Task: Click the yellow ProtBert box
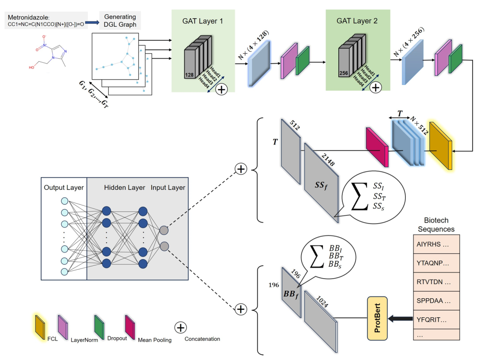point(377,319)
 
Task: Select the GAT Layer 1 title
point(203,20)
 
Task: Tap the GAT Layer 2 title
point(357,20)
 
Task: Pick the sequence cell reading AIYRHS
point(433,244)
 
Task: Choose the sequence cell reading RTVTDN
point(433,282)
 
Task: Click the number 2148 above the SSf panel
point(328,158)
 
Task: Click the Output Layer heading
point(64,188)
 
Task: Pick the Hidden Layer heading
point(124,188)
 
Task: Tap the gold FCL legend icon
point(39,326)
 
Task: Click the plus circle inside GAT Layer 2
point(375,88)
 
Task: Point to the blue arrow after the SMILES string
point(92,21)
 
